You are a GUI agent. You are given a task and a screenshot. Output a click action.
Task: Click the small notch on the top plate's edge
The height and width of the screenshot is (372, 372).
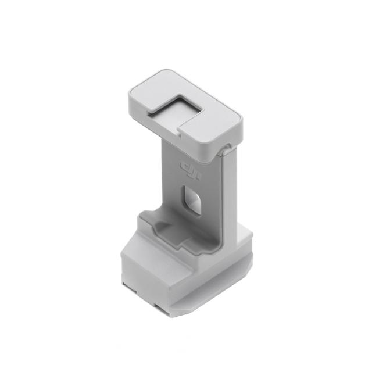coord(180,135)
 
